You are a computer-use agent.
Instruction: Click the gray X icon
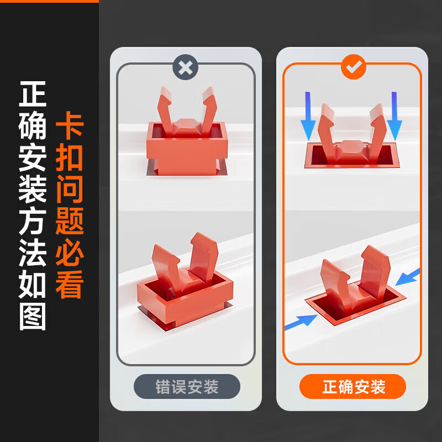coord(186,67)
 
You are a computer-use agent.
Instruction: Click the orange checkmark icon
coord(354,67)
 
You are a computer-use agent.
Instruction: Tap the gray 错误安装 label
coord(187,386)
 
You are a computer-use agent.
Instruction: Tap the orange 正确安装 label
coord(352,386)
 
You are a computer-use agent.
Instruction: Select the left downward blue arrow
coord(308,116)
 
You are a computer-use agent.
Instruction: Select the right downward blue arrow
coord(394,116)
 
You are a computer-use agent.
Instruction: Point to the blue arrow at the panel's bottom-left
coord(301,322)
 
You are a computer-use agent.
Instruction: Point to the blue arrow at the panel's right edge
coord(408,277)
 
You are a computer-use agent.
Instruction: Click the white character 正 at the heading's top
coord(33,94)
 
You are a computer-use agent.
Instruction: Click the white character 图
coord(33,316)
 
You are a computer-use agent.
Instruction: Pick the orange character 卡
coord(70,125)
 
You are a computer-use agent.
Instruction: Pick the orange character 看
coord(70,285)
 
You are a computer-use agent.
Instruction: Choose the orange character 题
coord(70,221)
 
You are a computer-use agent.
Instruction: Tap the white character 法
coord(33,252)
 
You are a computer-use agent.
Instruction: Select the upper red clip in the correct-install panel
coord(352,136)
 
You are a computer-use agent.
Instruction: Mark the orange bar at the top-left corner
coord(49,1)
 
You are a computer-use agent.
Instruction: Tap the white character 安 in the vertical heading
coord(33,157)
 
